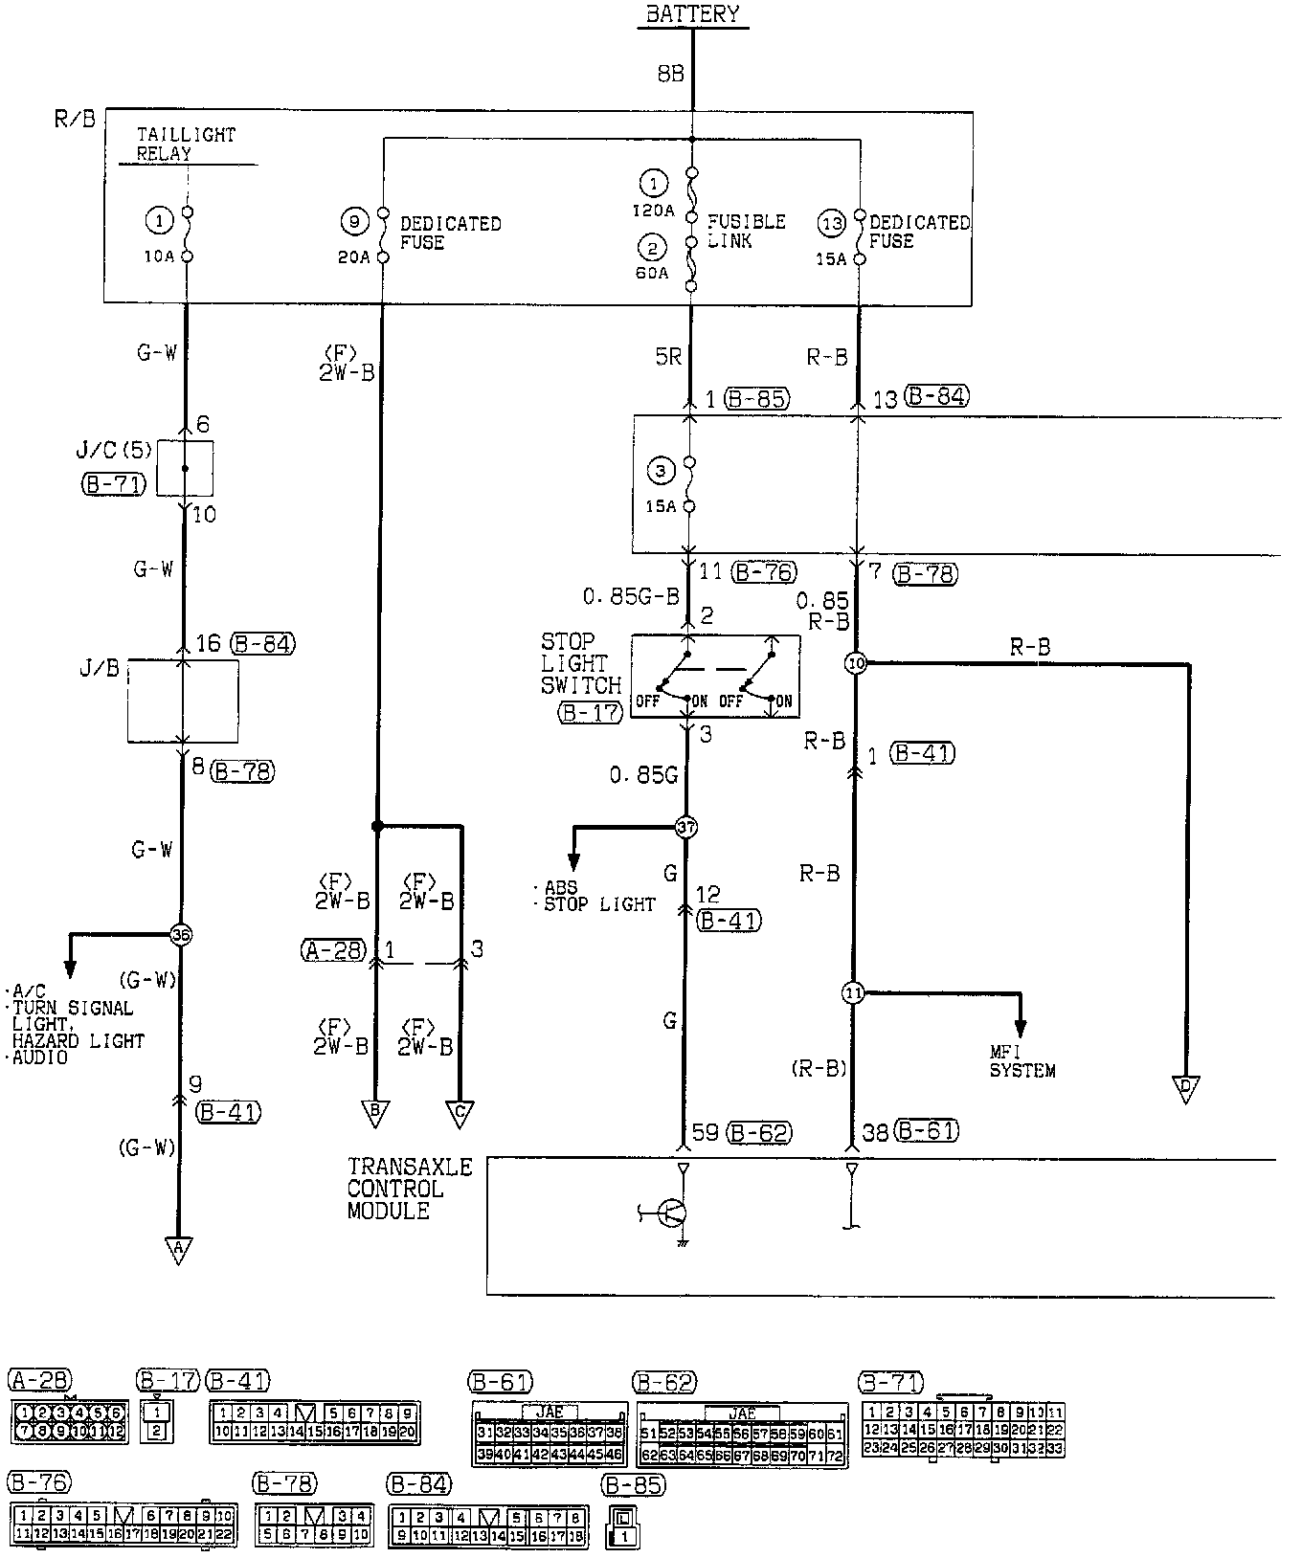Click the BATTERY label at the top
point(692,14)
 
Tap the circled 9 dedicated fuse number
point(353,223)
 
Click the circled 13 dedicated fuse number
point(832,223)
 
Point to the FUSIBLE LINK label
point(746,231)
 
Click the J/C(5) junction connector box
point(185,468)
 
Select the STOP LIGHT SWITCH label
point(580,663)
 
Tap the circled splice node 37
point(686,826)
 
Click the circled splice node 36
point(180,934)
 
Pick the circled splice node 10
point(856,663)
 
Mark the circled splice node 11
point(853,993)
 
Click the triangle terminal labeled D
point(1186,1088)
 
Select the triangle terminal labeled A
point(178,1249)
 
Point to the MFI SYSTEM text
point(1022,1062)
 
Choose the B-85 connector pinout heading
point(633,1485)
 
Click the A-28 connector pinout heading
point(39,1380)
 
